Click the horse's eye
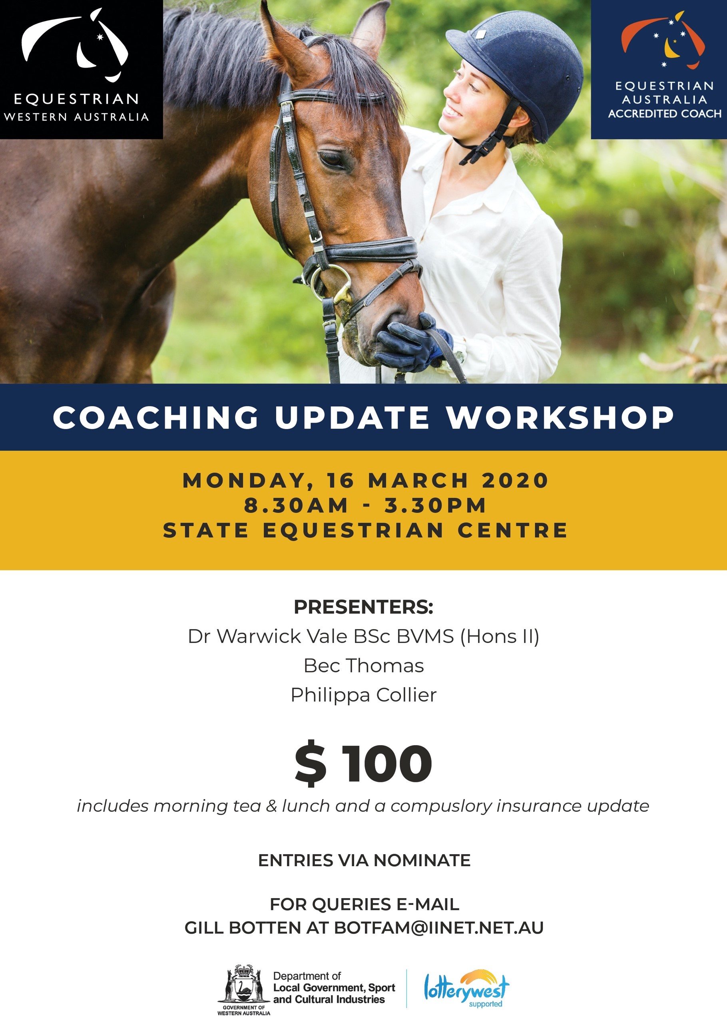[332, 159]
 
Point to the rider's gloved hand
[408, 343]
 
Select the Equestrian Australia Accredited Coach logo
[659, 70]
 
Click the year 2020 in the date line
[515, 480]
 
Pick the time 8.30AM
[296, 505]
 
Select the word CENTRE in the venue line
[512, 531]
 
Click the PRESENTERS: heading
[364, 606]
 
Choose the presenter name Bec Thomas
[364, 666]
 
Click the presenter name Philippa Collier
[364, 695]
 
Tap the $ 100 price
[364, 764]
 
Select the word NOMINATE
[422, 861]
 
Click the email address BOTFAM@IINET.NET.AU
[439, 928]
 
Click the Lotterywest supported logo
[467, 988]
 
